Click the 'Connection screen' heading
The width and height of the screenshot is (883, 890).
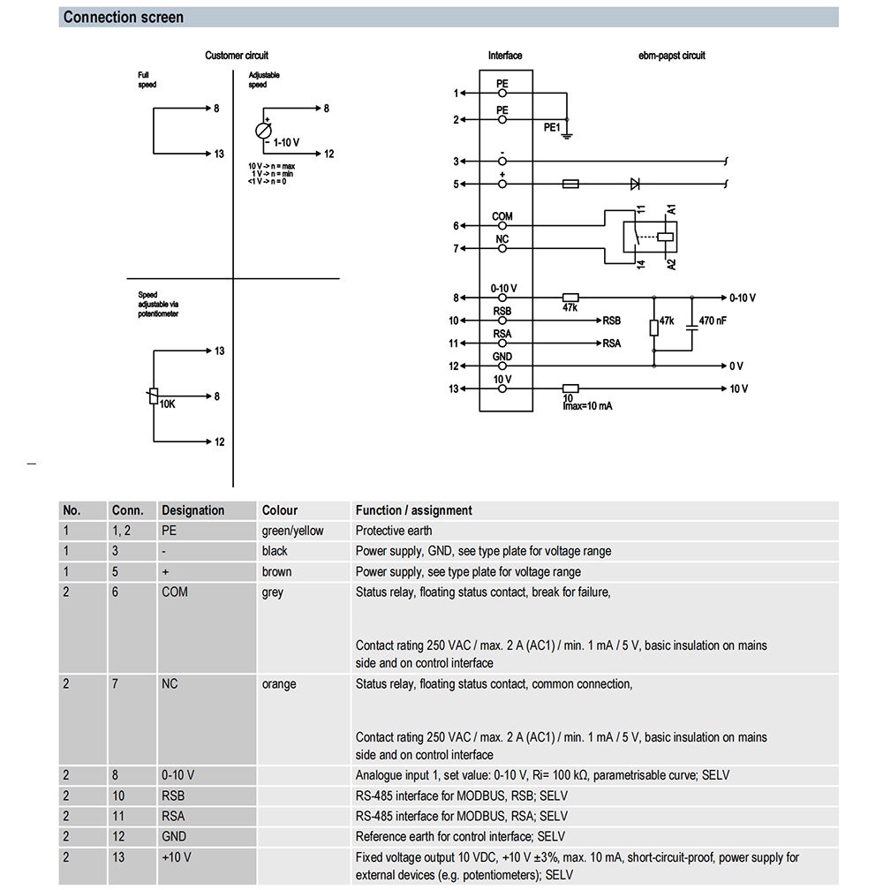pyautogui.click(x=123, y=17)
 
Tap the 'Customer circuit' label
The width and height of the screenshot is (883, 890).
pyautogui.click(x=236, y=56)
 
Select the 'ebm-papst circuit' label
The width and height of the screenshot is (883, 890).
pyautogui.click(x=671, y=56)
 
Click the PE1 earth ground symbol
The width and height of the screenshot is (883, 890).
pyautogui.click(x=567, y=136)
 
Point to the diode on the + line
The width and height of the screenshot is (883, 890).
pyautogui.click(x=635, y=184)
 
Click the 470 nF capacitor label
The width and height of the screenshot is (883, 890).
pyautogui.click(x=713, y=321)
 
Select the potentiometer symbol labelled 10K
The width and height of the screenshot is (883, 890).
pyautogui.click(x=154, y=396)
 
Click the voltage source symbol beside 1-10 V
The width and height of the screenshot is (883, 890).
pyautogui.click(x=263, y=131)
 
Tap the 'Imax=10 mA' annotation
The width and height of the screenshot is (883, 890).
pyautogui.click(x=587, y=406)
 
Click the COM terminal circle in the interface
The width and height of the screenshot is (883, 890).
pyautogui.click(x=502, y=226)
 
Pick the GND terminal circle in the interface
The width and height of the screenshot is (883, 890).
pyautogui.click(x=502, y=366)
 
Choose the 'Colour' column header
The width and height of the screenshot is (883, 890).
pyautogui.click(x=279, y=510)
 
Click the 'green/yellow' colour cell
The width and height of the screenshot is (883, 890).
pyautogui.click(x=292, y=532)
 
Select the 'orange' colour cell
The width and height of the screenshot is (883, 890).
pyautogui.click(x=279, y=684)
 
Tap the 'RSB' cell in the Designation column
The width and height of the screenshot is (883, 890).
pyautogui.click(x=173, y=796)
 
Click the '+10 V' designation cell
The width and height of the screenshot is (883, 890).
pyautogui.click(x=177, y=857)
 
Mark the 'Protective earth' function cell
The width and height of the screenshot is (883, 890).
pyautogui.click(x=394, y=531)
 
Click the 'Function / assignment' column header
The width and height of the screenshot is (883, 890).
pyautogui.click(x=414, y=510)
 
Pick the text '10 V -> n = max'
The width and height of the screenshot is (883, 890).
pyautogui.click(x=271, y=166)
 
